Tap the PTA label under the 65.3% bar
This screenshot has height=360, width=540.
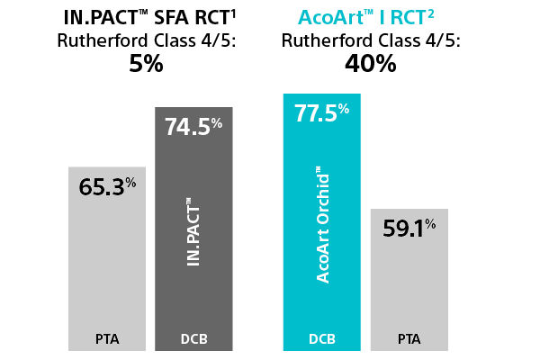click(107, 339)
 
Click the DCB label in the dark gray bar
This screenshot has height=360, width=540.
click(193, 339)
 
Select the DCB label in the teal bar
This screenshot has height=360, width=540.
click(322, 339)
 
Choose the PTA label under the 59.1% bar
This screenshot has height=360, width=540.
click(409, 339)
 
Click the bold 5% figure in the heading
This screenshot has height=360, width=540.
click(146, 65)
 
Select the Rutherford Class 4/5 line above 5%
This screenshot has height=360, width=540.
click(146, 41)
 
